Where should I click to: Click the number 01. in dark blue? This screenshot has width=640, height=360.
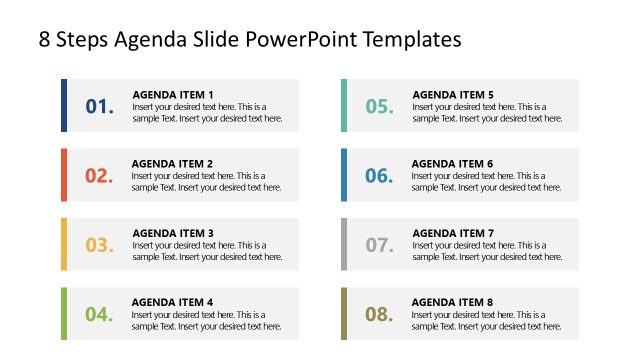pos(100,106)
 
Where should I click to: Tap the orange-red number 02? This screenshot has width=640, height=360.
pos(99,176)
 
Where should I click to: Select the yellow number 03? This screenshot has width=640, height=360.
pos(99,245)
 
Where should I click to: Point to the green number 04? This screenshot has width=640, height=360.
pos(99,314)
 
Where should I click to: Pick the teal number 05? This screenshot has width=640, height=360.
pos(379,106)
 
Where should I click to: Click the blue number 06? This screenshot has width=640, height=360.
pos(379,176)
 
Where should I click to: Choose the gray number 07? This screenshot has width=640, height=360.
pos(379,245)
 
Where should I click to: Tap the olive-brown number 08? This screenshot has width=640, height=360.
pos(379,314)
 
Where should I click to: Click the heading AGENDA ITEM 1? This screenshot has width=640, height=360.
pos(173,94)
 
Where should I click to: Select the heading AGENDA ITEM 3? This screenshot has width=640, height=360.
pos(173,233)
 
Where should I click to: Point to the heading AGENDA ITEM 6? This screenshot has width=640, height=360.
pos(453,163)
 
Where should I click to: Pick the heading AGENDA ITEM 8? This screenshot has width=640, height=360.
pos(453,302)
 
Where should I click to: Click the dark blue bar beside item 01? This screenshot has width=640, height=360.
pos(64,105)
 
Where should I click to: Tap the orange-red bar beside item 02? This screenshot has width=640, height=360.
pos(64,174)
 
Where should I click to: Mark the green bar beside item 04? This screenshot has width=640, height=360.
pos(64,313)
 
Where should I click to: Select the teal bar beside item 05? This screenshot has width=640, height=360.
pos(344,105)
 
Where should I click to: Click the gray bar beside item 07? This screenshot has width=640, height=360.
pos(344,244)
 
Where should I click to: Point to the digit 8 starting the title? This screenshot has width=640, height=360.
pos(45,40)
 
